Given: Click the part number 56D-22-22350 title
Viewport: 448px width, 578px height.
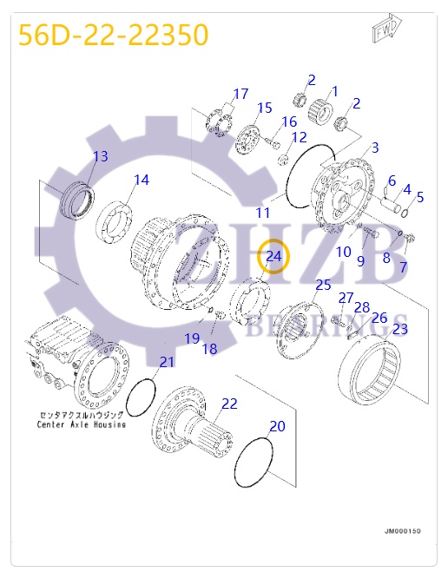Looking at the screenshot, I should pos(114,35).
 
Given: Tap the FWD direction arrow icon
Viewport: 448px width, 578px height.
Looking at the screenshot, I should pos(385,29).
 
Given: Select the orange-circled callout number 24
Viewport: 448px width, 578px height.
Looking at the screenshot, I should pos(273,256).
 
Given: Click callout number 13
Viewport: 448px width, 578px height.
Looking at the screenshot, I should pos(101,156).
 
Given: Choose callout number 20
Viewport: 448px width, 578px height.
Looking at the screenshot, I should pos(277,426).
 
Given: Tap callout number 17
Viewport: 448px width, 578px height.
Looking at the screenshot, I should pos(240,94).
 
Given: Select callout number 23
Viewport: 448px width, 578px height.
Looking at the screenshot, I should pos(399,329).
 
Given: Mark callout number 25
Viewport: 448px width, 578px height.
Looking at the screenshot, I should pos(323,285).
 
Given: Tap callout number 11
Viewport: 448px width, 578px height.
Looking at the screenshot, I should pos(262,213).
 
